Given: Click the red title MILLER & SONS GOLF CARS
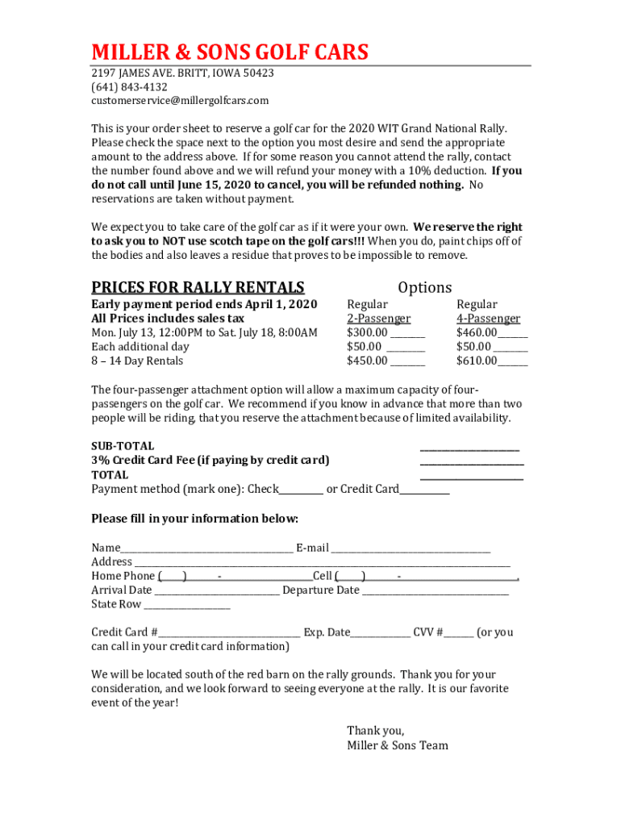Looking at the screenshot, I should click(x=230, y=52).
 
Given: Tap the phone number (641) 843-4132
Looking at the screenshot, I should click(x=129, y=87).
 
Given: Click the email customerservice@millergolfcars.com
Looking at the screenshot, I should click(x=180, y=101).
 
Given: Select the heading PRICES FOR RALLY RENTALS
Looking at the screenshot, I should click(x=198, y=288).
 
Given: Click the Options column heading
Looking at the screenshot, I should click(x=425, y=288).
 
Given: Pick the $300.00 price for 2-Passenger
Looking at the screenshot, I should click(x=367, y=332).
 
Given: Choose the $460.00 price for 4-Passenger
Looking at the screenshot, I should click(x=477, y=332).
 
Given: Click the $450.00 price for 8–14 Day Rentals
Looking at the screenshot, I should click(x=367, y=361).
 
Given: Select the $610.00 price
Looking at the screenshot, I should click(x=477, y=361).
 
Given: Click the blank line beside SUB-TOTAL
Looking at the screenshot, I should click(x=470, y=448).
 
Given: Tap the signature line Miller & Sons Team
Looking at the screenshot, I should click(x=398, y=745).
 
